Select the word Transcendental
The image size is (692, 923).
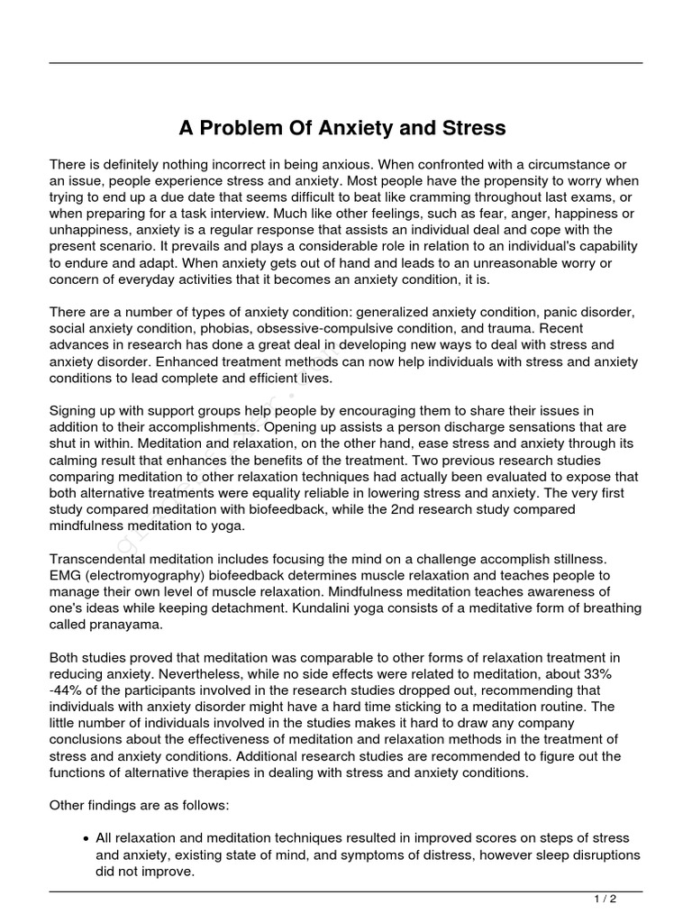click(x=97, y=559)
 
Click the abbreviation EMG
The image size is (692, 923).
click(x=65, y=575)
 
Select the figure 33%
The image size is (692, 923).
click(x=618, y=673)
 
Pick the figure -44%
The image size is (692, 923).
click(x=68, y=690)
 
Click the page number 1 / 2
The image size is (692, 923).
click(x=605, y=899)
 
